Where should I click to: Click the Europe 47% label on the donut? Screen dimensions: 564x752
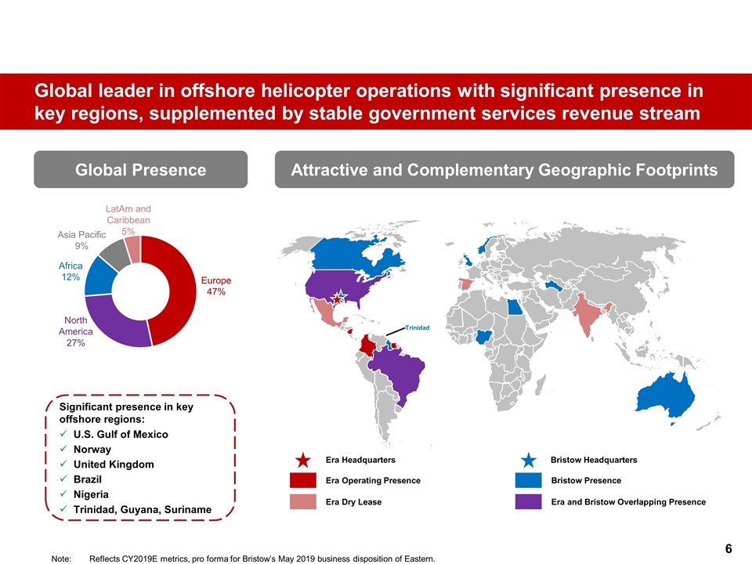pos(216,286)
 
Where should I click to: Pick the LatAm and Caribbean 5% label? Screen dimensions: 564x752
pos(128,220)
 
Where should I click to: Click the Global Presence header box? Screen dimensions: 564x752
pos(140,170)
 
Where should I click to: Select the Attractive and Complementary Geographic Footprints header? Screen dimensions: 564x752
pos(504,170)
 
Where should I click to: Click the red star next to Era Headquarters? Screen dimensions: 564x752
pos(303,460)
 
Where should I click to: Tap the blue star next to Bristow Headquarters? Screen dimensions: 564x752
pos(529,460)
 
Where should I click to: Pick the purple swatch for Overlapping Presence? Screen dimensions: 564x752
pos(529,501)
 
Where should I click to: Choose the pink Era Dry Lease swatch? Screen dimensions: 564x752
pos(303,501)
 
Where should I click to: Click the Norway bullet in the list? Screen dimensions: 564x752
pos(92,450)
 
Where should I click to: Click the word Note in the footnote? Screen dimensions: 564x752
pos(60,559)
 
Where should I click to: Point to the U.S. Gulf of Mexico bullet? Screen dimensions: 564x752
pos(120,434)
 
